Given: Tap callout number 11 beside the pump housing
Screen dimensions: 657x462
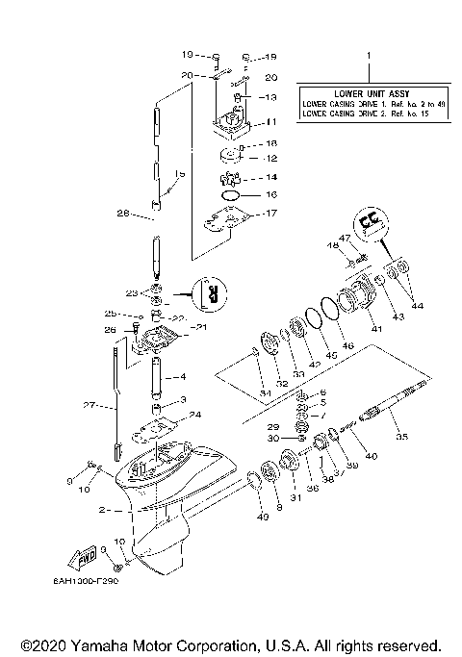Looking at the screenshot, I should (271, 122).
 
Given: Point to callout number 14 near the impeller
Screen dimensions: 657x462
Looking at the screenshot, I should (271, 177).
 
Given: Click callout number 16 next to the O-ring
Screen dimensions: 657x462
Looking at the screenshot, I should (271, 194).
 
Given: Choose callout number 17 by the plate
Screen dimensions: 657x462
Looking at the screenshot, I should (271, 214).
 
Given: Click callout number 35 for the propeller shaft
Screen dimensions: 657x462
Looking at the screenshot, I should (401, 436).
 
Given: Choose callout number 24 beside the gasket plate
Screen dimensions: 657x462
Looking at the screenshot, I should (196, 416).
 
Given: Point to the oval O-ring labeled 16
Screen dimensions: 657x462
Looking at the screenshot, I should (232, 195).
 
